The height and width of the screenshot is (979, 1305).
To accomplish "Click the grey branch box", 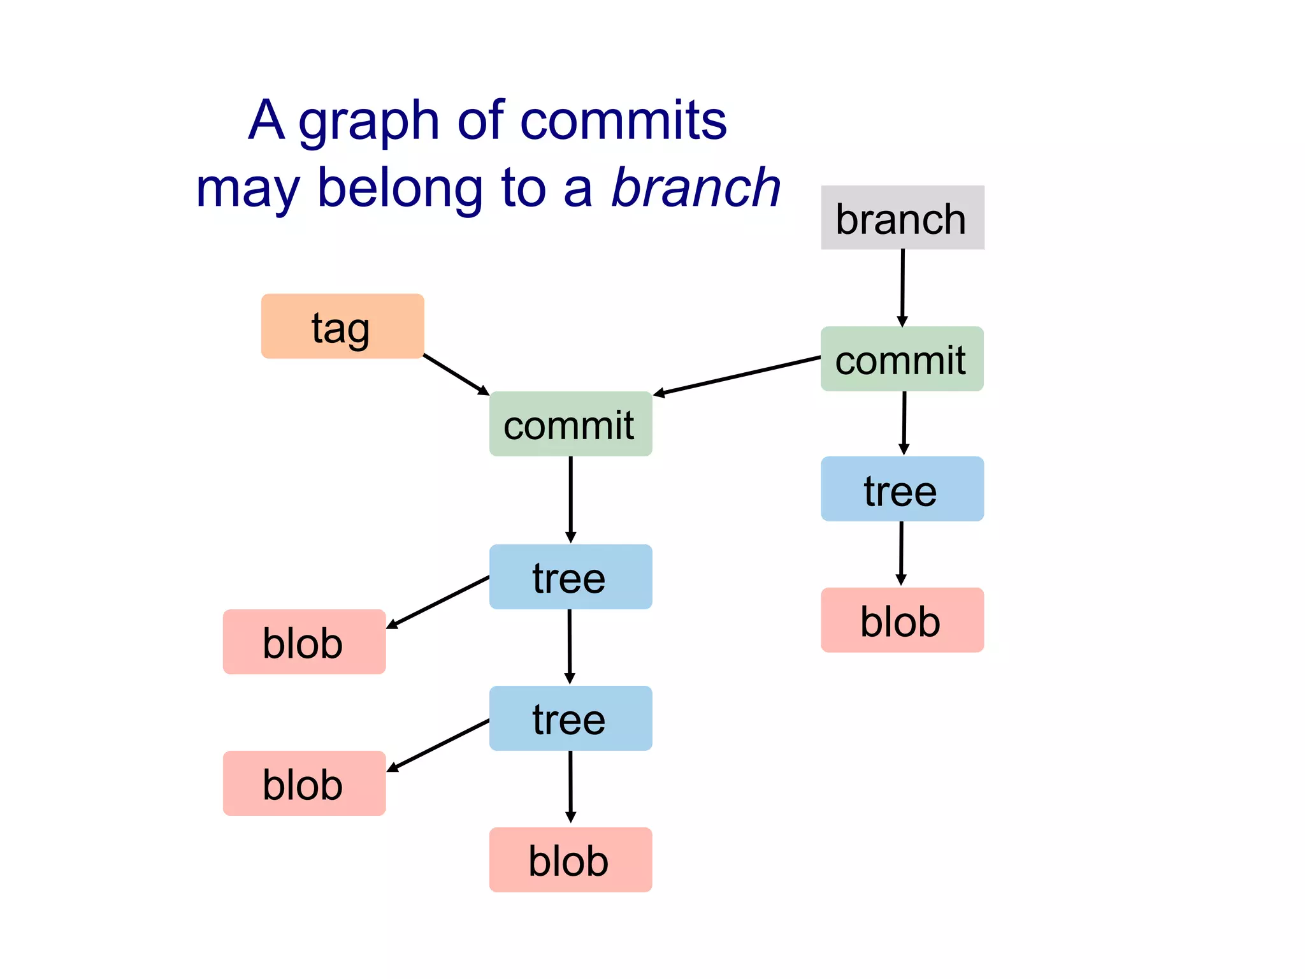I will [x=902, y=218].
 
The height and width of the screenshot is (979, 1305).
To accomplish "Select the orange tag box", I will [x=342, y=326].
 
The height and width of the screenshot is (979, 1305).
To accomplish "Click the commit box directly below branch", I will [x=902, y=359].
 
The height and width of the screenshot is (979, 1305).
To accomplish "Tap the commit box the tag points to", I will [x=570, y=424].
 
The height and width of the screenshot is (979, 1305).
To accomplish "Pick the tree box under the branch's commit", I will [x=902, y=489].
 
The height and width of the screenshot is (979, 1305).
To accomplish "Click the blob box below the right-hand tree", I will [x=902, y=620].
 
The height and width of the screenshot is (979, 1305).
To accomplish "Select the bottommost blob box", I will [x=570, y=859].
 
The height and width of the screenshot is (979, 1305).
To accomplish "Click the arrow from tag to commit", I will [x=456, y=374].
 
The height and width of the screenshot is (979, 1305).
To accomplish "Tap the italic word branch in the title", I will [x=696, y=188].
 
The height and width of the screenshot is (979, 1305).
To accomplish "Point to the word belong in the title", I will [x=400, y=188].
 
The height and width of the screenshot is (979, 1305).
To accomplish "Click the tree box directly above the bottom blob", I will [x=570, y=718].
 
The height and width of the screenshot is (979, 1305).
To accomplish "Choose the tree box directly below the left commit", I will [x=570, y=577].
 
